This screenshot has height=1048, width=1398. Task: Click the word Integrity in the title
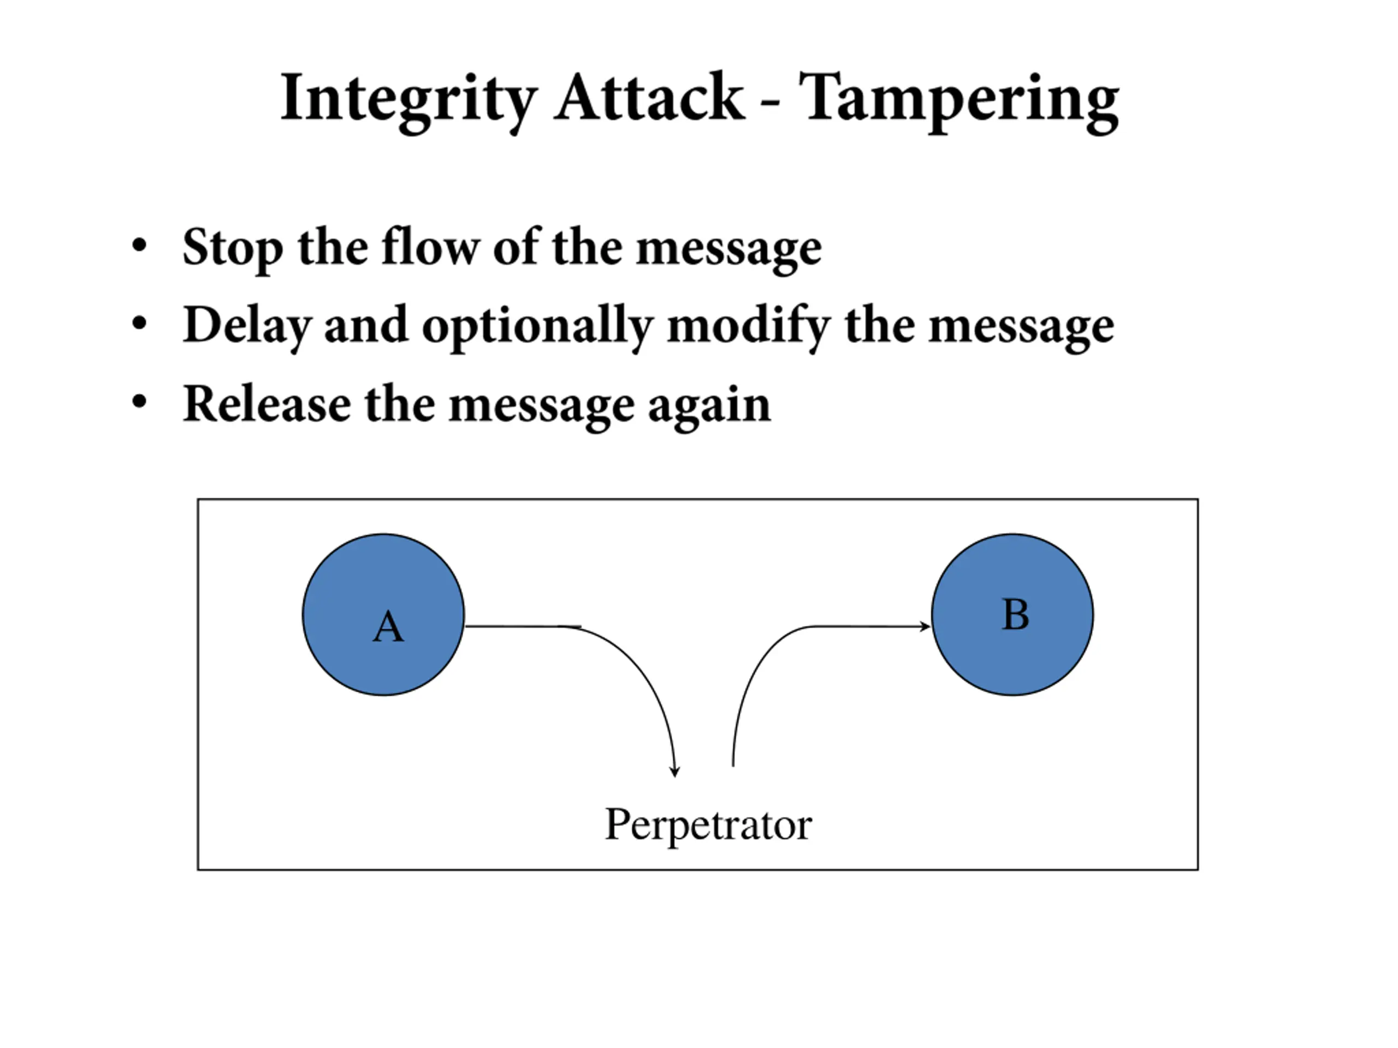point(408,101)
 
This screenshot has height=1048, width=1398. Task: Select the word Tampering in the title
point(959,101)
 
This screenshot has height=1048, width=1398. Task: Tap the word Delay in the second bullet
point(246,327)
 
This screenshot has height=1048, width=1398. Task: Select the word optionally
point(537,327)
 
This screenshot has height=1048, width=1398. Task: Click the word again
point(710,407)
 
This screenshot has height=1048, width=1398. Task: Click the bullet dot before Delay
point(139,324)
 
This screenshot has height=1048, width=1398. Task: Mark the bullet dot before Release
point(139,401)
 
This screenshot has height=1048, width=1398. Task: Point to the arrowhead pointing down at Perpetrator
point(675,771)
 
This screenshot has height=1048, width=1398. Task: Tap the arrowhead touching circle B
point(925,626)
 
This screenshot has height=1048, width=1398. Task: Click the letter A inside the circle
point(388,627)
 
